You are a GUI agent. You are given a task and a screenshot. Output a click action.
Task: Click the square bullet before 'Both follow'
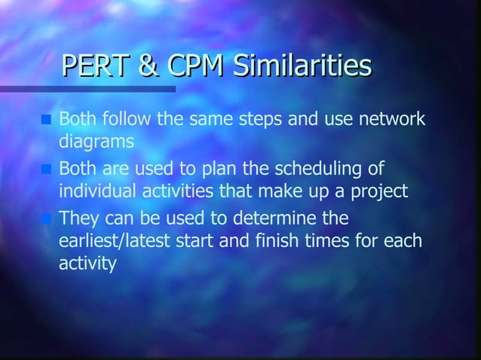pyautogui.click(x=47, y=119)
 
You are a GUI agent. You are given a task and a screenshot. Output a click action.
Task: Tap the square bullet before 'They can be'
pyautogui.click(x=47, y=219)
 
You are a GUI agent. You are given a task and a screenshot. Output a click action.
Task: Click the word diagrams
pyautogui.click(x=97, y=142)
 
